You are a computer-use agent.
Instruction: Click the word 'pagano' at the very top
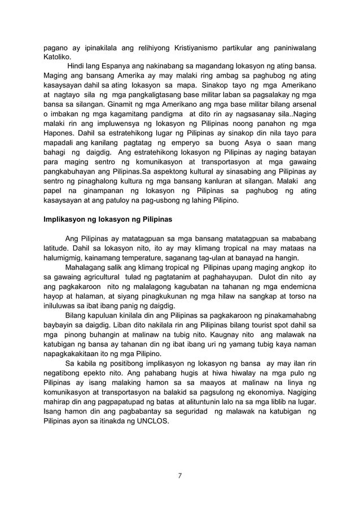[58, 47]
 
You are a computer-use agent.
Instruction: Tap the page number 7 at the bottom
[179, 475]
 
